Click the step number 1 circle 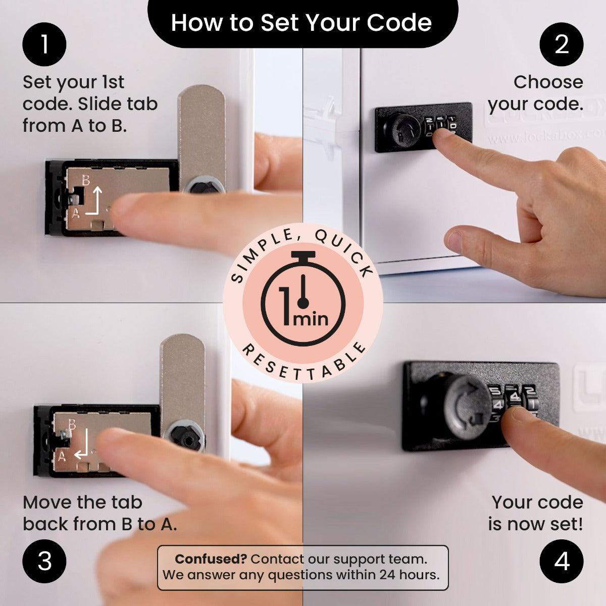point(44,44)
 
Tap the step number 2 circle point(562,44)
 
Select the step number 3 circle point(44,561)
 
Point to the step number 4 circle point(562,561)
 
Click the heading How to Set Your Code point(301,23)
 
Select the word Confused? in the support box point(210,559)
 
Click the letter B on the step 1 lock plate point(86,179)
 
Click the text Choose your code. point(535,93)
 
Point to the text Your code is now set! point(535,513)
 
